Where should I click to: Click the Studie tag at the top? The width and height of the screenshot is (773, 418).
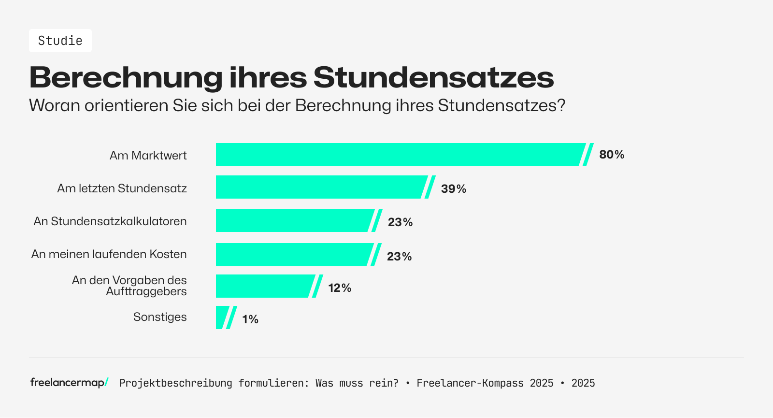60,41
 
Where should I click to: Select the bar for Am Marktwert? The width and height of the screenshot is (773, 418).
399,155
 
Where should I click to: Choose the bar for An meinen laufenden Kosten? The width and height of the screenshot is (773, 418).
293,255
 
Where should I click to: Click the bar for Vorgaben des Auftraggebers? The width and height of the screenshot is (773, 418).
263,286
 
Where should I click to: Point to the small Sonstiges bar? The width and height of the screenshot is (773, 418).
222,317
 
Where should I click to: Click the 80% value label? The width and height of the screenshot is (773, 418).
612,155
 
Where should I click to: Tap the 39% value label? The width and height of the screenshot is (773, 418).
453,189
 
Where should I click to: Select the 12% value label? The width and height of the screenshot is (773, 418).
340,288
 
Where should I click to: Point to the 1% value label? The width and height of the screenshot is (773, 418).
250,319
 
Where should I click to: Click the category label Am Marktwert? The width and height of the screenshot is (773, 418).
148,156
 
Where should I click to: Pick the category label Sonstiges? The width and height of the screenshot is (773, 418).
160,317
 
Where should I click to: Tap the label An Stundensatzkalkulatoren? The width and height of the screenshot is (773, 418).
110,221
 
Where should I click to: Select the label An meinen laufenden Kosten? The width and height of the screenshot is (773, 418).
109,254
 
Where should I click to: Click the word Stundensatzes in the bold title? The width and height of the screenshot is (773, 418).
433,77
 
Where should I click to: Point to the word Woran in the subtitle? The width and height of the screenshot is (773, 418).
54,105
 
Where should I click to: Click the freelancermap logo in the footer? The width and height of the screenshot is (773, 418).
69,383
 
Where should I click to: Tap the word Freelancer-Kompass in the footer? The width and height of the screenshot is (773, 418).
470,383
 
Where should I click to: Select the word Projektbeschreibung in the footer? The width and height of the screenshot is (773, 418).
175,383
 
